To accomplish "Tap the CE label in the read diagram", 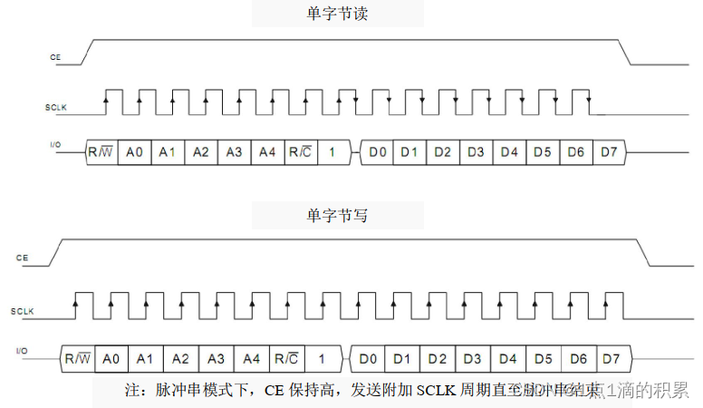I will pyautogui.click(x=55, y=57).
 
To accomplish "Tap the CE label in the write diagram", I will pyautogui.click(x=22, y=258).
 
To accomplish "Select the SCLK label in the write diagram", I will pyautogui.click(x=22, y=311).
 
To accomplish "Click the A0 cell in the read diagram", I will pyautogui.click(x=134, y=151).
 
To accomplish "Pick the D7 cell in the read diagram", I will pyautogui.click(x=608, y=151).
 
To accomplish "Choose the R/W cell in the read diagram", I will pyautogui.click(x=100, y=151).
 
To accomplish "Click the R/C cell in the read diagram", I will pyautogui.click(x=299, y=151).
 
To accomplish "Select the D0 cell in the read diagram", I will pyautogui.click(x=376, y=151).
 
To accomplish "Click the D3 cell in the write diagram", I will pyautogui.click(x=474, y=358).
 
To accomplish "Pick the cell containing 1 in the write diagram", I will pyautogui.click(x=321, y=358).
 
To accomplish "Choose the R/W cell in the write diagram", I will pyautogui.click(x=77, y=358).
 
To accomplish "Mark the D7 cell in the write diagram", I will pyautogui.click(x=612, y=358).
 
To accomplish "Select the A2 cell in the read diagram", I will pyautogui.click(x=201, y=151).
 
